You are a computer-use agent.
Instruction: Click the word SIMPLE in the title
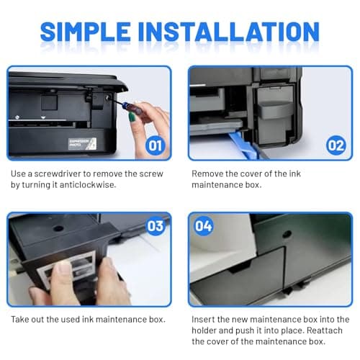point(85,31)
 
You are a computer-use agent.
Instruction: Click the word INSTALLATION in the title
point(228,31)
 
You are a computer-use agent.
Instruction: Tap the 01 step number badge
point(156,145)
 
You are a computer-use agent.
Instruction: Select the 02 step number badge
point(336,145)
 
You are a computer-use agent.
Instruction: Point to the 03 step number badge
point(156,226)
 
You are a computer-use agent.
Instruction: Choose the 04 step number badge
point(204,226)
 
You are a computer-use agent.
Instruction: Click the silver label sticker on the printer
point(82,143)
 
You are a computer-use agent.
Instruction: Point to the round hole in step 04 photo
point(287,234)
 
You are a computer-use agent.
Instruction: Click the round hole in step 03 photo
point(58,228)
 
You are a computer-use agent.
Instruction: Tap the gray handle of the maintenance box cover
point(275,109)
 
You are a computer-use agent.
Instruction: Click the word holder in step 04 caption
point(204,330)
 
